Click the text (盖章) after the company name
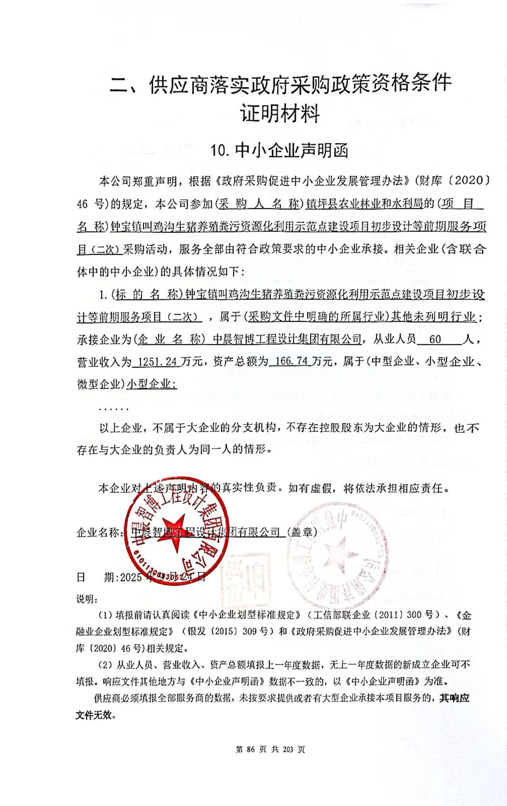pos(301,532)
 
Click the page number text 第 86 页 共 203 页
pos(270,749)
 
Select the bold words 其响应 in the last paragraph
pos(454,698)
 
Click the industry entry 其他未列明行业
pos(433,317)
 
